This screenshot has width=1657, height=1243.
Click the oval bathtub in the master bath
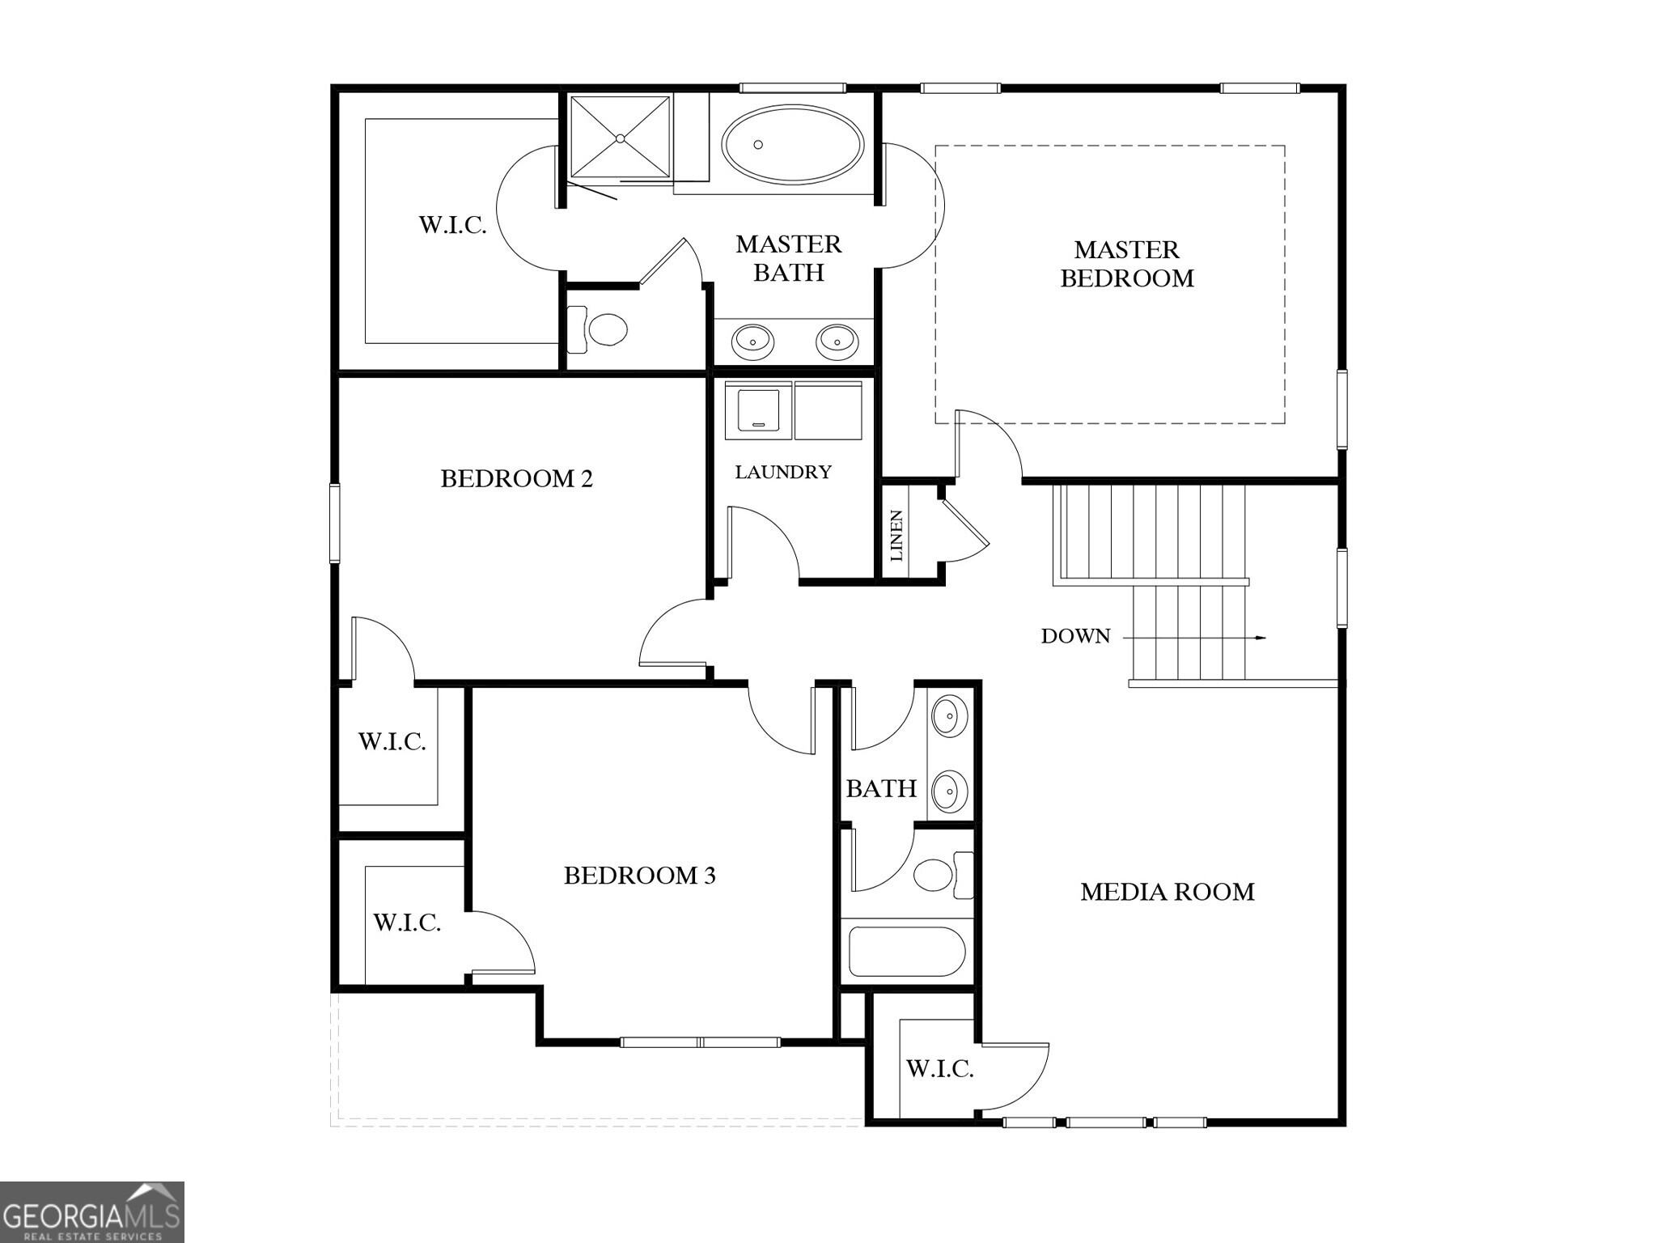click(792, 145)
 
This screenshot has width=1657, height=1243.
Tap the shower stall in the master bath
click(621, 137)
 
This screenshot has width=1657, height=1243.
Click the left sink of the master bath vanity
click(752, 342)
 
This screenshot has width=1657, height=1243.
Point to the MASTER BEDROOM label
click(1126, 264)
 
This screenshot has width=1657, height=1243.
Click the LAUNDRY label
click(782, 472)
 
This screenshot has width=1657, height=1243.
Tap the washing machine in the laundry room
click(758, 411)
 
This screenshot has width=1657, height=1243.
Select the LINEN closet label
click(896, 536)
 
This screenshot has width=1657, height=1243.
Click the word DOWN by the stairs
click(1075, 636)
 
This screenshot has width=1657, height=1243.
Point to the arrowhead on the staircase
click(1260, 638)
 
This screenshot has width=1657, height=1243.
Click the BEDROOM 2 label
click(516, 479)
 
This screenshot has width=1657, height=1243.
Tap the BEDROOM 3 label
click(639, 876)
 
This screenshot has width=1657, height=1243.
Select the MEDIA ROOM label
click(1167, 892)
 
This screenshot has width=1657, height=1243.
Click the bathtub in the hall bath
click(906, 952)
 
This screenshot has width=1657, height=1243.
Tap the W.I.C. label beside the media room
click(939, 1069)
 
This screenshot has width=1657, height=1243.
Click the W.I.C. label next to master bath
click(452, 225)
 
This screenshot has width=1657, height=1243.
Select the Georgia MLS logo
click(91, 1212)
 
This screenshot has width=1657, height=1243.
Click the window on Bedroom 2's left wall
click(334, 523)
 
